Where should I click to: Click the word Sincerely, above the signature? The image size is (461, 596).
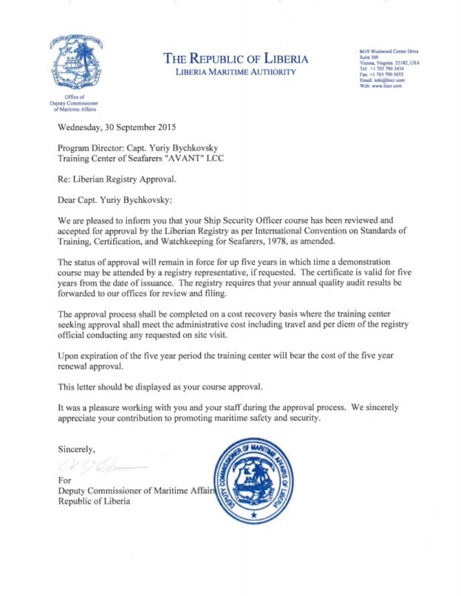coord(76,448)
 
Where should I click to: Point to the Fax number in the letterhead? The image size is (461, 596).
coord(378,74)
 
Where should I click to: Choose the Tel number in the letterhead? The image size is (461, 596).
coord(378,69)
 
